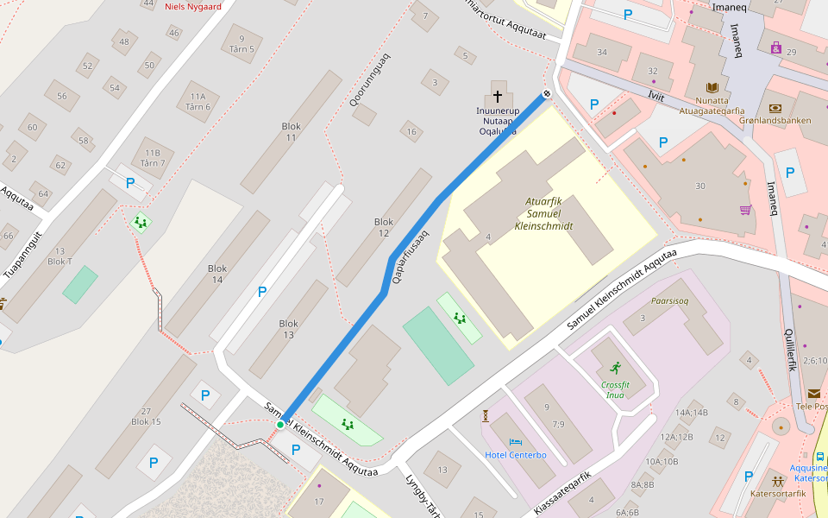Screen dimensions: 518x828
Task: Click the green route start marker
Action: point(280,425)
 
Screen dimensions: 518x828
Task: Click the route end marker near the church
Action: point(546,94)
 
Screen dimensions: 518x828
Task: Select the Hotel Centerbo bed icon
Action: point(516,442)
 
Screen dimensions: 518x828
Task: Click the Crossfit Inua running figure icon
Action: point(614,368)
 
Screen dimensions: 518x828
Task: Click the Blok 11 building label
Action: point(292,132)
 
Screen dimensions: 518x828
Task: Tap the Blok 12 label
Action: point(384,228)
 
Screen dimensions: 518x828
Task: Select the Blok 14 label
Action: point(217,275)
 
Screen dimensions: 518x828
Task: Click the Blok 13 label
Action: point(289,329)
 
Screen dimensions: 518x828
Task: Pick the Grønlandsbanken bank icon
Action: point(775,108)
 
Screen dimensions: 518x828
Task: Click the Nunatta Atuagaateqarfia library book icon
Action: point(712,88)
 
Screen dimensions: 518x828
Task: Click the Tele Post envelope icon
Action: point(814,394)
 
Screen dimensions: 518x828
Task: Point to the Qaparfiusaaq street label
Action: point(411,256)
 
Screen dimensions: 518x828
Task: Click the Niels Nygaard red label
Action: point(192,6)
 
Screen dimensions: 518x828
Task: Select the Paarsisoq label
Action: point(670,303)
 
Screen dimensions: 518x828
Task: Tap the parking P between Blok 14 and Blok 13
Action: point(262,292)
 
